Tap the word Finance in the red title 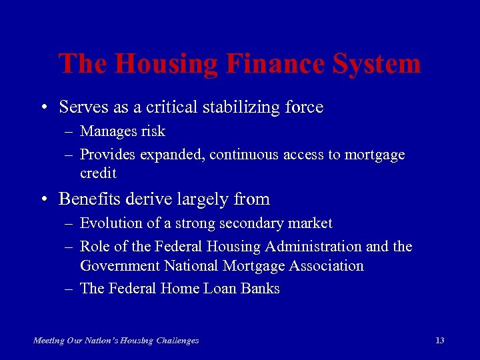(x=269, y=64)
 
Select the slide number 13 (x=439, y=340)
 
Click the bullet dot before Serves (x=43, y=107)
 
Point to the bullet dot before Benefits (x=43, y=199)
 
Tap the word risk (x=152, y=131)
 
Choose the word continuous (x=244, y=155)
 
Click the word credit (x=98, y=173)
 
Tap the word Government (x=120, y=266)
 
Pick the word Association (x=326, y=266)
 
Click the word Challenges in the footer (x=177, y=341)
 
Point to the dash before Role (x=69, y=247)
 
